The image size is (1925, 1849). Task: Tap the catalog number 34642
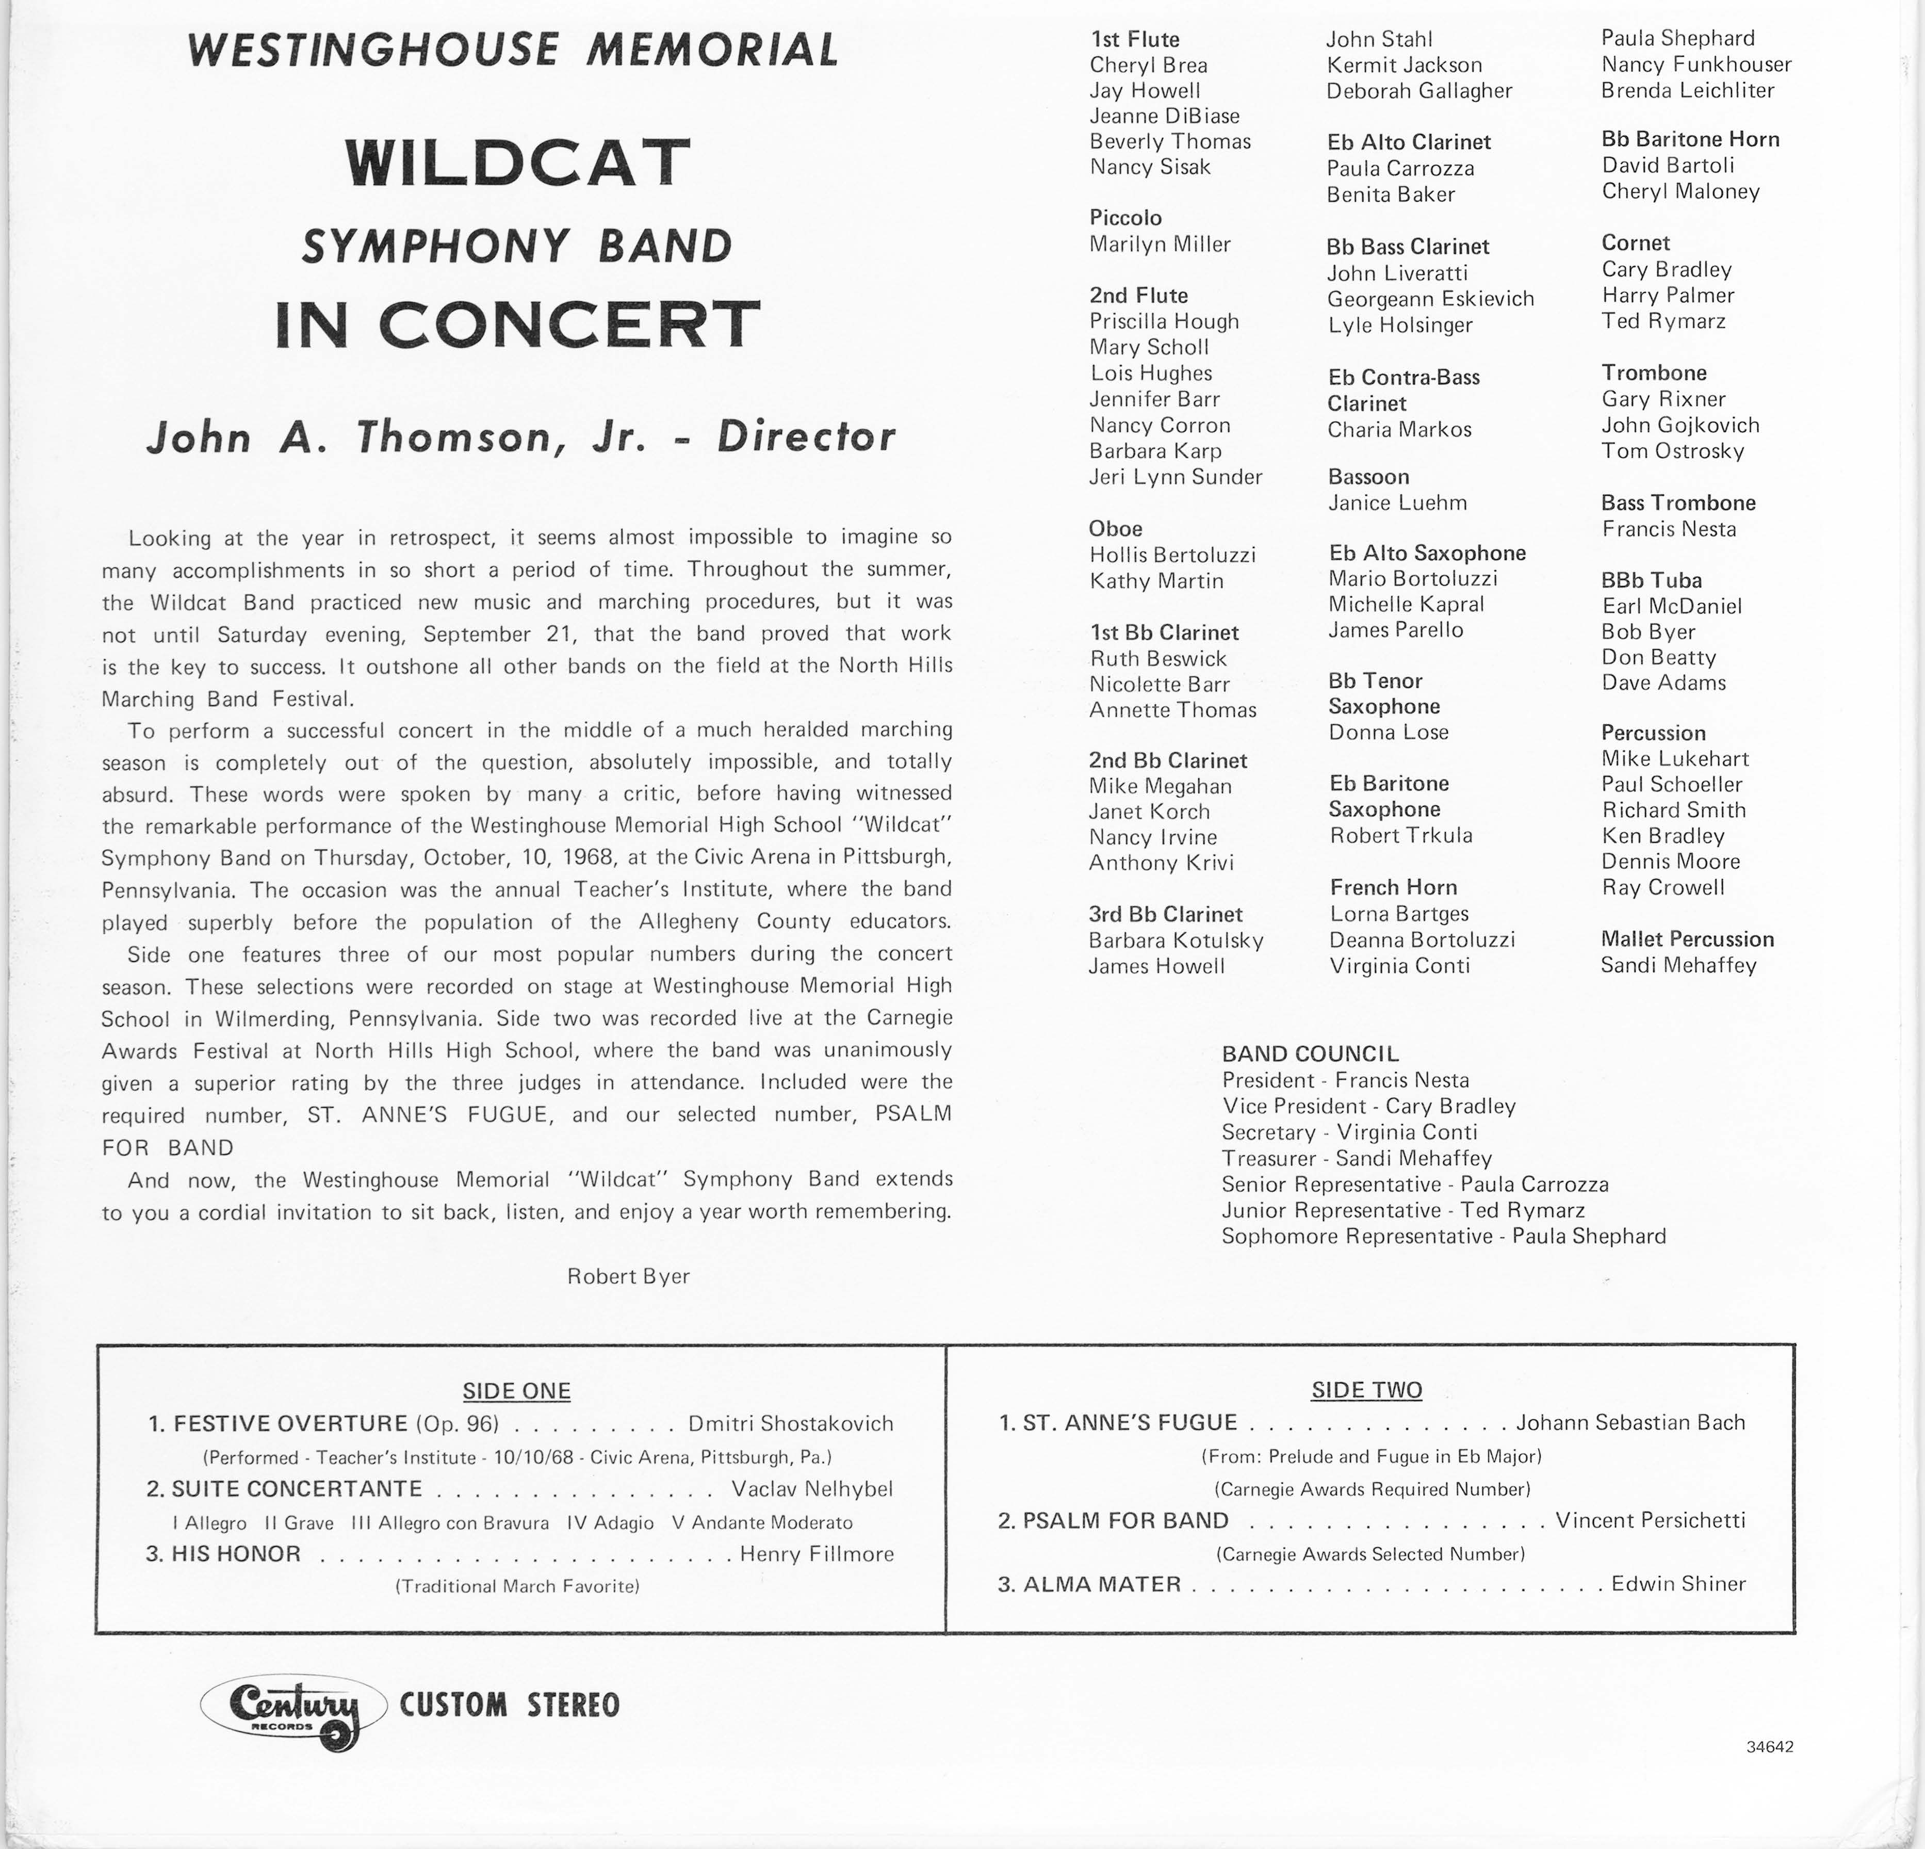[1770, 1747]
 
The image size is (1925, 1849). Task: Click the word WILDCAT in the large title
[517, 162]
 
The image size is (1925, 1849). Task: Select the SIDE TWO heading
[1366, 1389]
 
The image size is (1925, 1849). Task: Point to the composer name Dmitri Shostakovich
[791, 1423]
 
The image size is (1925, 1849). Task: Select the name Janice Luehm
[1398, 503]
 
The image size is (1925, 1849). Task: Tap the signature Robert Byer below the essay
[629, 1276]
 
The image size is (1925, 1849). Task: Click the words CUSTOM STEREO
[510, 1705]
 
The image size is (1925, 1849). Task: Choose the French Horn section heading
[1393, 887]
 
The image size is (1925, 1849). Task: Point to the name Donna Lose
[1389, 732]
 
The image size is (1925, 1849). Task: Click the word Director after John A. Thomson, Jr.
[805, 437]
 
